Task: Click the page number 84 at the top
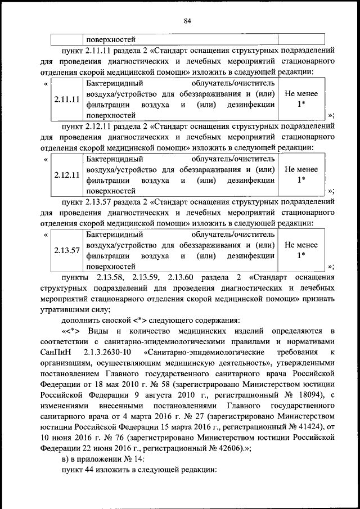pyautogui.click(x=187, y=21)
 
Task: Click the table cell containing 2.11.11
pyautogui.click(x=66, y=100)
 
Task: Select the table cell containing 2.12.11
pyautogui.click(x=66, y=175)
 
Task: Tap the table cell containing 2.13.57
pyautogui.click(x=66, y=251)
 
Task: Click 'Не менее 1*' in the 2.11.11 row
pyautogui.click(x=301, y=99)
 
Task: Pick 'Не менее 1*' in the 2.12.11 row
pyautogui.click(x=301, y=175)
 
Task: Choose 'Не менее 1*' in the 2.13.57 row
pyautogui.click(x=301, y=251)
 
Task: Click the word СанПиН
pyautogui.click(x=57, y=352)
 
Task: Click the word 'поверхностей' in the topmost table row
pyautogui.click(x=111, y=39)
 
